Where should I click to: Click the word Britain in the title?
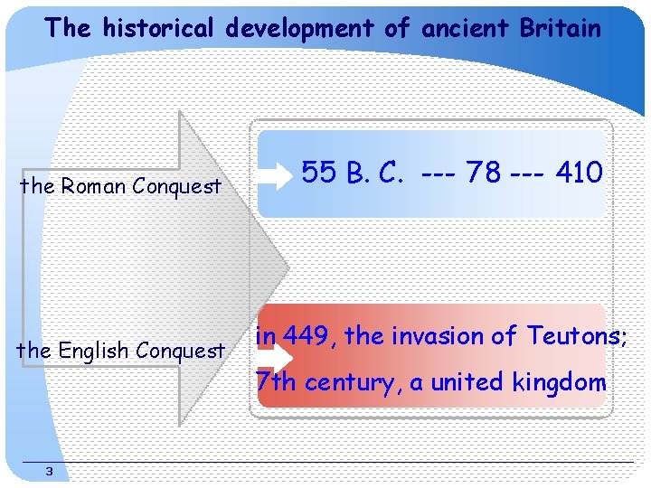[560, 28]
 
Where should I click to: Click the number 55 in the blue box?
[319, 172]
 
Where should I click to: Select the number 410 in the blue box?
[579, 172]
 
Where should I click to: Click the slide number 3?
[49, 471]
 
